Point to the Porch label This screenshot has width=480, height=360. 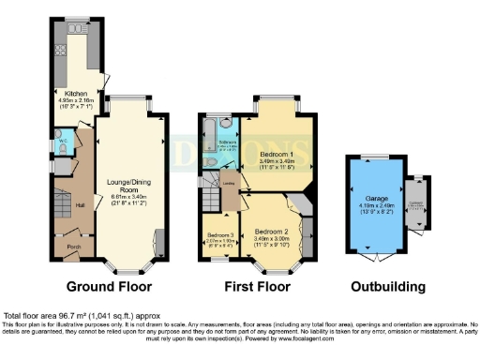pyautogui.click(x=72, y=247)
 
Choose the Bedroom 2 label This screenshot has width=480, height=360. pyautogui.click(x=272, y=229)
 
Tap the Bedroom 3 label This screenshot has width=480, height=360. pyautogui.click(x=218, y=234)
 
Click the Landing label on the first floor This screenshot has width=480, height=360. pyautogui.click(x=228, y=184)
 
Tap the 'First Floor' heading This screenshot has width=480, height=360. pyautogui.click(x=260, y=286)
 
